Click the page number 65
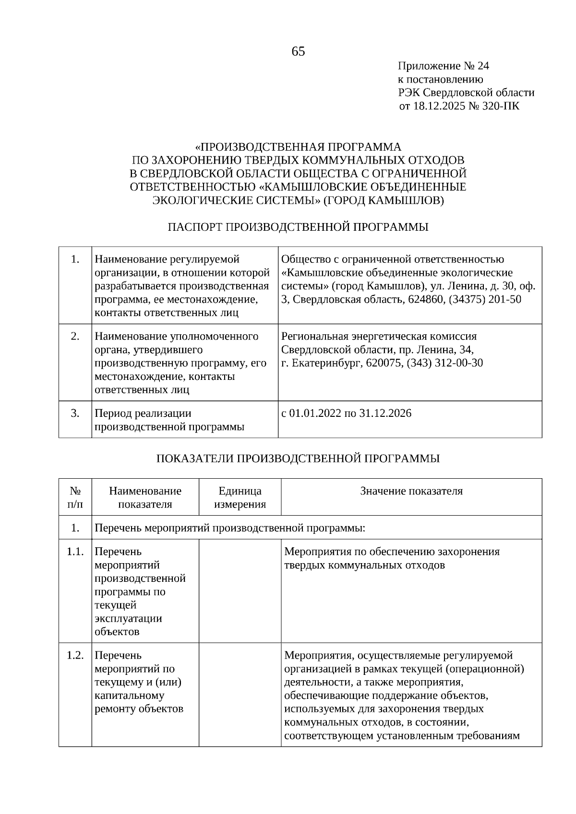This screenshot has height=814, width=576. click(298, 51)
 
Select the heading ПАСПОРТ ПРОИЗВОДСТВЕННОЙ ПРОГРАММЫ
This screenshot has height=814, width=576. click(298, 227)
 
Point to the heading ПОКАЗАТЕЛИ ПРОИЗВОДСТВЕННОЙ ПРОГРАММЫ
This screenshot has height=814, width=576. click(298, 459)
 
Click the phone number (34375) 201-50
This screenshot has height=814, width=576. click(484, 299)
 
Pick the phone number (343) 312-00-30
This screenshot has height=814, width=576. click(444, 363)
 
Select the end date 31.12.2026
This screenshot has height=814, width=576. click(385, 413)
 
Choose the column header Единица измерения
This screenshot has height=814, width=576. click(240, 497)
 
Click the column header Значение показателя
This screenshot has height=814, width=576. click(411, 491)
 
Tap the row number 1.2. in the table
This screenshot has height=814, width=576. click(75, 655)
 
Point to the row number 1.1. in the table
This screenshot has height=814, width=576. click(75, 551)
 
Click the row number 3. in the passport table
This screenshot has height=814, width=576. click(75, 413)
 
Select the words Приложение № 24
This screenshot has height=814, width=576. click(443, 66)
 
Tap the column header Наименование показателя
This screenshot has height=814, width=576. click(145, 497)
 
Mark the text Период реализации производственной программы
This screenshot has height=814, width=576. click(169, 420)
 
